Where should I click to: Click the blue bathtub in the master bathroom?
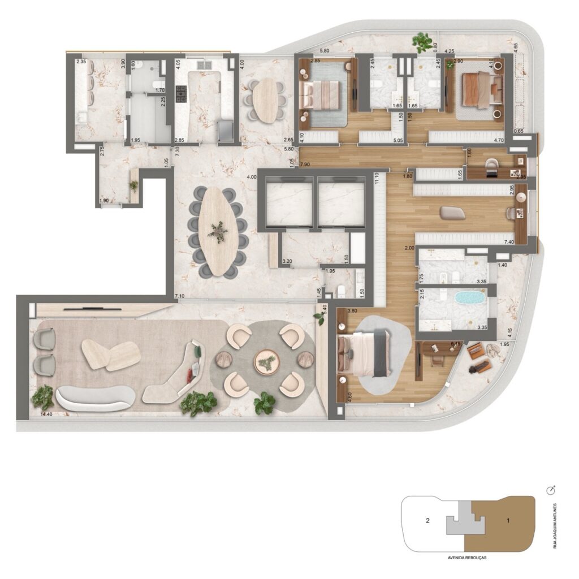(470, 298)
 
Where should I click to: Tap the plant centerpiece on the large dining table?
(218, 231)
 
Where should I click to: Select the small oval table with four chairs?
(265, 100)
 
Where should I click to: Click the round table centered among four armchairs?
(265, 361)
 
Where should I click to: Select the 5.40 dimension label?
(324, 310)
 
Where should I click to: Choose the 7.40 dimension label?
(509, 242)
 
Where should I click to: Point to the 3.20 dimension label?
(288, 262)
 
